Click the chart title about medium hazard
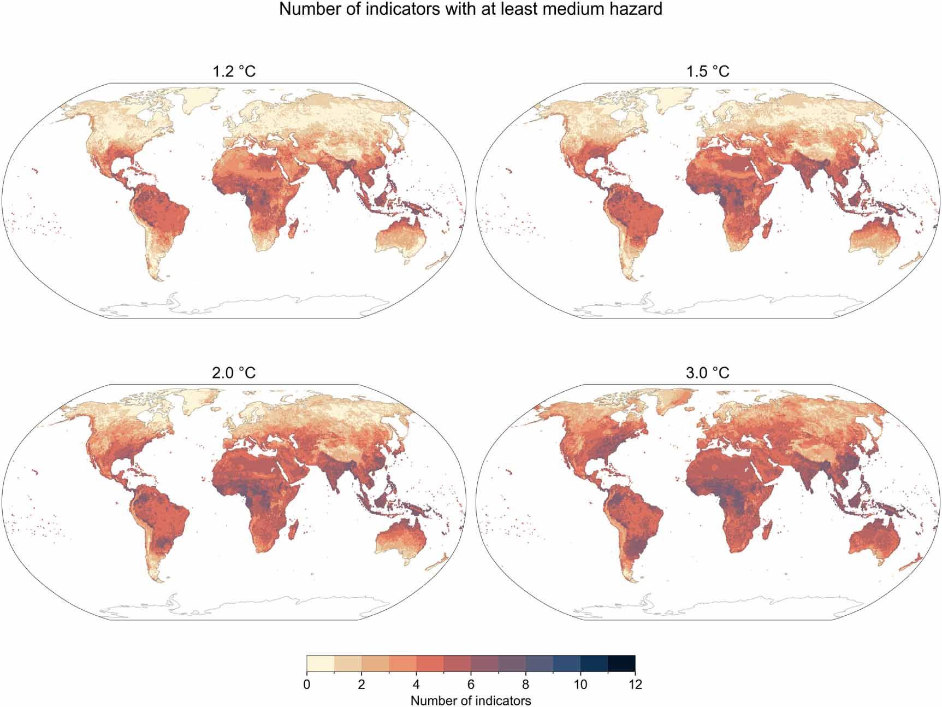coord(471,9)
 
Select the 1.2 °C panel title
coord(234,72)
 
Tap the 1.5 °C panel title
coord(708,72)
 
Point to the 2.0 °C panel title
coord(234,373)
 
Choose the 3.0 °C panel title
coord(708,373)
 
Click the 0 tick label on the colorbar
coord(307,684)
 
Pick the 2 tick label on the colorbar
coord(362,684)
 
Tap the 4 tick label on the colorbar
coord(416,684)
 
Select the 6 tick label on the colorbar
coord(471,684)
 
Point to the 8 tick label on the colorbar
coord(525,684)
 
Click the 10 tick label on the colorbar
coord(580,684)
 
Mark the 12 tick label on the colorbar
coord(635,684)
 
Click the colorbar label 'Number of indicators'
coord(471,700)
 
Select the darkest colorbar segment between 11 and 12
coord(621,663)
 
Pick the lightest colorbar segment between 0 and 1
coord(321,663)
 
